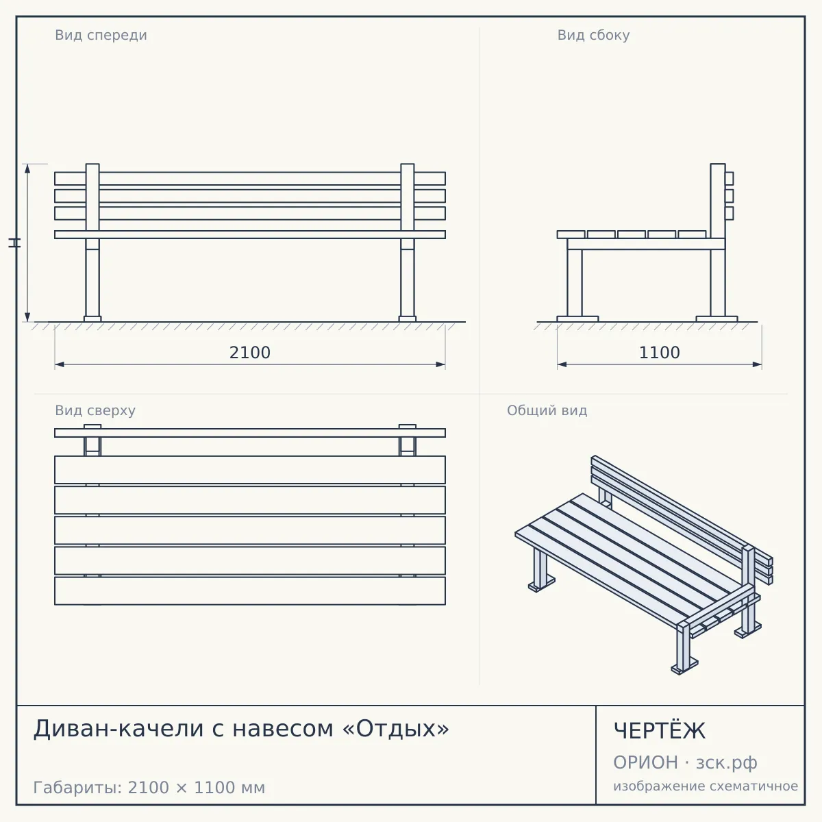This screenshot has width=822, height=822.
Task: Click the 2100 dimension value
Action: click(250, 353)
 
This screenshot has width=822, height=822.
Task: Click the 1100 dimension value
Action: click(659, 353)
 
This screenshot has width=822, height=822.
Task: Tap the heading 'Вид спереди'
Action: click(101, 35)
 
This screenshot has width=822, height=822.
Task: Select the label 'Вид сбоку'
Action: click(593, 35)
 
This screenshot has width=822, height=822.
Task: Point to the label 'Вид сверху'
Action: click(95, 410)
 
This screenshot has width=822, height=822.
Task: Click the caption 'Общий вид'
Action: click(547, 410)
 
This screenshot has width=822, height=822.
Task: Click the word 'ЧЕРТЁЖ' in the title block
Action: click(660, 731)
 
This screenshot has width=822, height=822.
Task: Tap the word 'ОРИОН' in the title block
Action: click(645, 762)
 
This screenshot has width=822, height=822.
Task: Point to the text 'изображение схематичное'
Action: click(706, 786)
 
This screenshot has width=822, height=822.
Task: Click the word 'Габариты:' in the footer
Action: click(78, 788)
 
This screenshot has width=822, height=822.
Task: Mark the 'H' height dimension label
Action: click(14, 242)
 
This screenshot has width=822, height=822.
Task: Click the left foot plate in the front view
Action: click(92, 319)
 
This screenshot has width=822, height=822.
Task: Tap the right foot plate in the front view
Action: click(408, 319)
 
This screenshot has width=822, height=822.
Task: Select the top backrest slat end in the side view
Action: click(730, 178)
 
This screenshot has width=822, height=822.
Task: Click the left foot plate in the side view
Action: click(577, 319)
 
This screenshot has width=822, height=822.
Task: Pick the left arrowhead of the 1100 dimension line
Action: click(562, 364)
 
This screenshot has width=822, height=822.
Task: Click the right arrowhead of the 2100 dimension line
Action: click(440, 364)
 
